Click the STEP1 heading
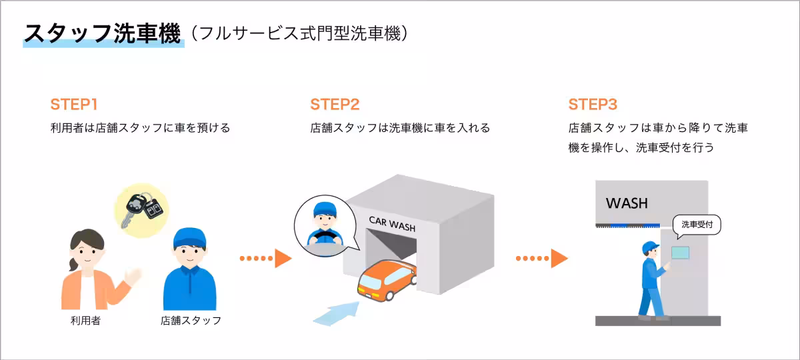tap(74, 105)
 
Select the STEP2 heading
tap(335, 105)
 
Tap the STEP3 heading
tap(593, 105)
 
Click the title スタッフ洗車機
tap(103, 33)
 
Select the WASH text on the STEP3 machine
tap(627, 203)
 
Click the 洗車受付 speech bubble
tap(697, 225)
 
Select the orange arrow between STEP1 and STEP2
tap(266, 258)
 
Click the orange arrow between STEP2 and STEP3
tap(541, 258)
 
